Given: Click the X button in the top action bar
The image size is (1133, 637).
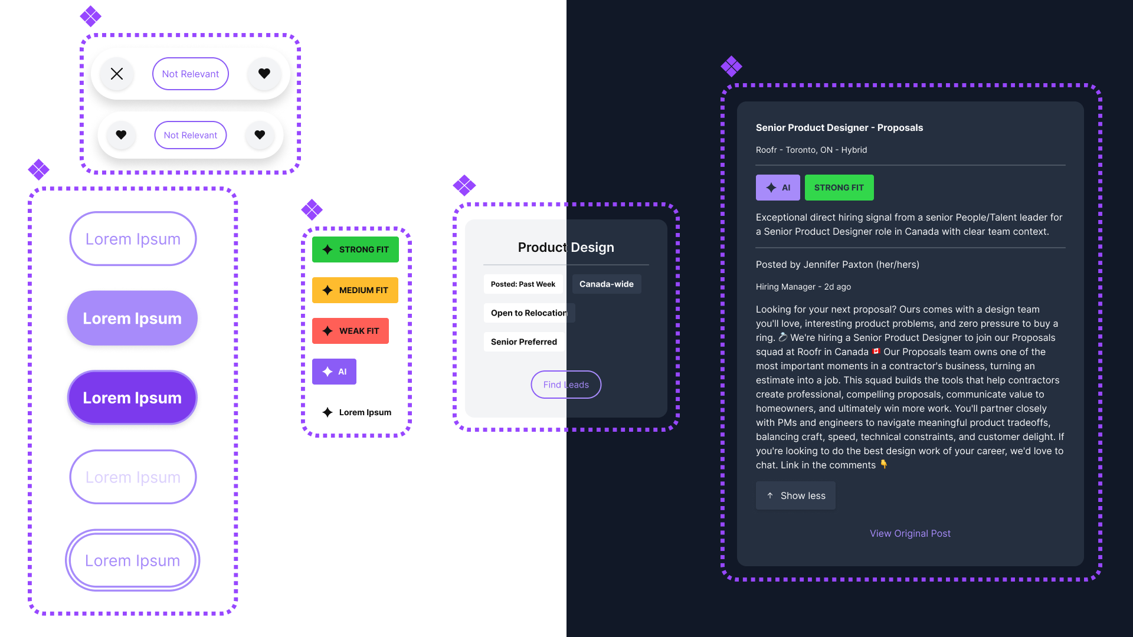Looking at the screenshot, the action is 117,74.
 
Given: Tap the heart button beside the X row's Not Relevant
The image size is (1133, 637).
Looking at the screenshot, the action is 264,74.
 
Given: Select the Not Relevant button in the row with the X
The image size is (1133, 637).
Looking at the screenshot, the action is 191,74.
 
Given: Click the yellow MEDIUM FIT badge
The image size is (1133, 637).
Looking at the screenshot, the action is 355,290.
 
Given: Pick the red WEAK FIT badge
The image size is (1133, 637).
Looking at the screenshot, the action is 351,331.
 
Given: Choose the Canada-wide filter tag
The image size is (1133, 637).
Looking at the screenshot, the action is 607,284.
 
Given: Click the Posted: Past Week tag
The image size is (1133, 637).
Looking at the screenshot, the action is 523,284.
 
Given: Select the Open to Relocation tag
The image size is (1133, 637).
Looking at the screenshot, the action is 529,313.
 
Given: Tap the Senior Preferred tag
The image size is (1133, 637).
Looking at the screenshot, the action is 524,342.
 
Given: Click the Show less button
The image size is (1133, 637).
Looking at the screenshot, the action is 795,495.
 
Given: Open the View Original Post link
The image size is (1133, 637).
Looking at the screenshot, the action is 910,533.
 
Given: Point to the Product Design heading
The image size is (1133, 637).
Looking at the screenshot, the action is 566,247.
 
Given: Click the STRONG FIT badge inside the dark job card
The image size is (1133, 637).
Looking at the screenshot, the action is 839,188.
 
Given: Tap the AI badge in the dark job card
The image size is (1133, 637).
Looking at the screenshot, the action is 778,188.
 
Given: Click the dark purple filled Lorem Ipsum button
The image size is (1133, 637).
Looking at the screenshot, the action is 132,398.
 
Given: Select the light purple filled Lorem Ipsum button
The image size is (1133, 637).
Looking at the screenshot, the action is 132,318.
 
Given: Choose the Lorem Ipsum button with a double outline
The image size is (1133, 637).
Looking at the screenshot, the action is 132,560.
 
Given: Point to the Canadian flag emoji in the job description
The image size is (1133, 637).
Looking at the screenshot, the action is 876,352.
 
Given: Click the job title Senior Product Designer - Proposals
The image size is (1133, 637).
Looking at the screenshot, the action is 839,127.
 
